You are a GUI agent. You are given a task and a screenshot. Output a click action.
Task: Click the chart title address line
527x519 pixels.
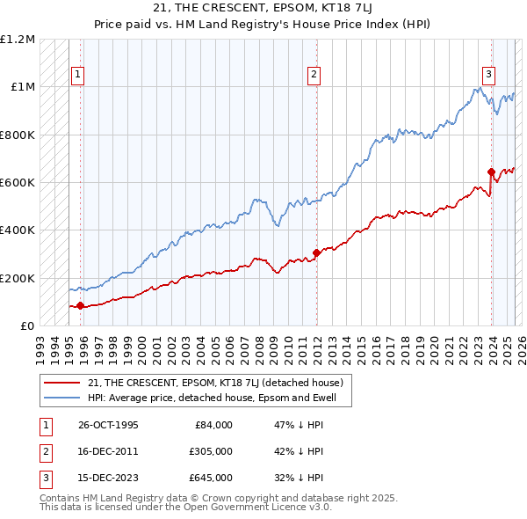tap(263, 10)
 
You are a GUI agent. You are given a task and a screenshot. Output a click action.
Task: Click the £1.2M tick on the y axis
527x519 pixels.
tap(18, 40)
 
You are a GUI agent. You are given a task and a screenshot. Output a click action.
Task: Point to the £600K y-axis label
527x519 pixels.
tap(18, 183)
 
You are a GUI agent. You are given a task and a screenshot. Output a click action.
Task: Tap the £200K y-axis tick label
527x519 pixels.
tap(18, 278)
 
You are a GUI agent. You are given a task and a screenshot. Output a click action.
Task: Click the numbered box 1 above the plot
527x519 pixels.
tap(78, 76)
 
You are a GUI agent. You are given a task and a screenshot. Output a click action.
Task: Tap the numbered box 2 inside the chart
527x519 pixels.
tap(314, 76)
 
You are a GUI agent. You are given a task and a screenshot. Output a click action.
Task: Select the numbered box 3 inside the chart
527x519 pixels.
tap(488, 76)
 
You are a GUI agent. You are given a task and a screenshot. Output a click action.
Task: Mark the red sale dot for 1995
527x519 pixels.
tap(81, 306)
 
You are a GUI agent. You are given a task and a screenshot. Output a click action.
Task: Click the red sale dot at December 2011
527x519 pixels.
tap(316, 253)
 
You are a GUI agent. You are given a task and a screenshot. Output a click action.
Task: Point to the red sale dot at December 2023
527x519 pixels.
tap(491, 172)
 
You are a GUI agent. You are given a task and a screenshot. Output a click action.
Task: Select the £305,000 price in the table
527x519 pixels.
tap(211, 451)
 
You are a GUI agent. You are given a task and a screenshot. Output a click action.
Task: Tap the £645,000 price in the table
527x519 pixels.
tap(211, 478)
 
